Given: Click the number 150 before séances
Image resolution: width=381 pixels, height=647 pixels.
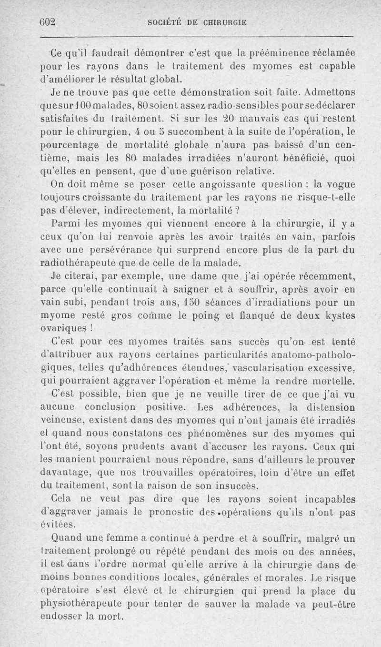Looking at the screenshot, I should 194,301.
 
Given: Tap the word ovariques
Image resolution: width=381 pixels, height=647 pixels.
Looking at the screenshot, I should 72,328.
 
